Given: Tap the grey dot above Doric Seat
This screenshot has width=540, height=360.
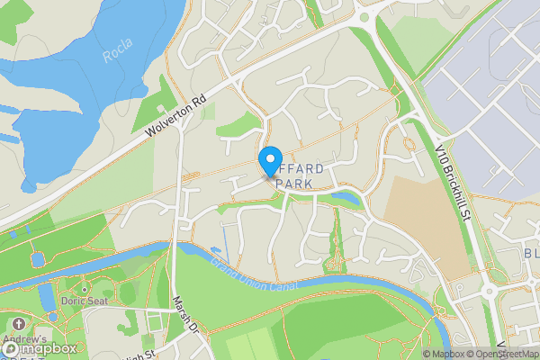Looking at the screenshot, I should click(84, 289).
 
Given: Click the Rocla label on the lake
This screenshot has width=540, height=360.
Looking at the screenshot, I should click(118, 57).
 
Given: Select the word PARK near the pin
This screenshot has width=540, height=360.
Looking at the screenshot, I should click(295, 184).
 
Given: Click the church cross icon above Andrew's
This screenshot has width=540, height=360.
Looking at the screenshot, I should click(17, 323).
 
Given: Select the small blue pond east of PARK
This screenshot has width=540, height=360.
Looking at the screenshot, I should click(345, 196).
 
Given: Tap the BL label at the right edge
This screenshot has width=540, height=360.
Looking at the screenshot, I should click(531, 254).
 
